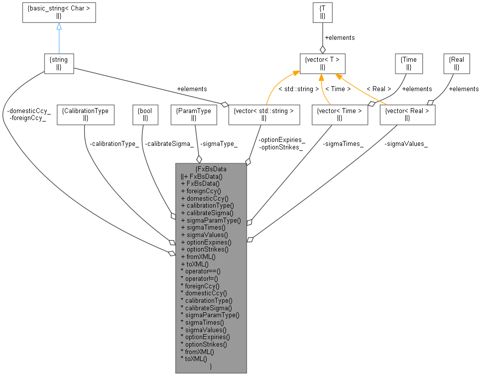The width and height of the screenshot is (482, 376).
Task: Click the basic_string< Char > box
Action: tap(59, 12)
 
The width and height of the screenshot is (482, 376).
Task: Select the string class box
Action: tap(59, 63)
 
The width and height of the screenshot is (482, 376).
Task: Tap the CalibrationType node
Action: tap(86, 114)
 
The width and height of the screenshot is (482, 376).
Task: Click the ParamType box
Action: tap(194, 114)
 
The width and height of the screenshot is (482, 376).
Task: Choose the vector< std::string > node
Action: tap(264, 114)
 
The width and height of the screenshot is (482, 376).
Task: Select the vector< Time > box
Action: tap(339, 114)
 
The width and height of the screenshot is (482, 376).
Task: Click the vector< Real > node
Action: tap(407, 114)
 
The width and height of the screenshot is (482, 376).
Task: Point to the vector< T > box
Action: tap(322, 63)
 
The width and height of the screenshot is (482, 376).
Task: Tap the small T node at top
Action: tap(322, 12)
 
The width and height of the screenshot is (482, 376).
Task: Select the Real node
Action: tap(457, 63)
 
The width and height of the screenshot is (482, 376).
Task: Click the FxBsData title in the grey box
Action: tap(211, 169)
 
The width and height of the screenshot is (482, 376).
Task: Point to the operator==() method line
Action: tap(200, 271)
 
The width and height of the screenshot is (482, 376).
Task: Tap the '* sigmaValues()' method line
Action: tap(203, 330)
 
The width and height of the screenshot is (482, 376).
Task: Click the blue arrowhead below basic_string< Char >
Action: tap(59, 26)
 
